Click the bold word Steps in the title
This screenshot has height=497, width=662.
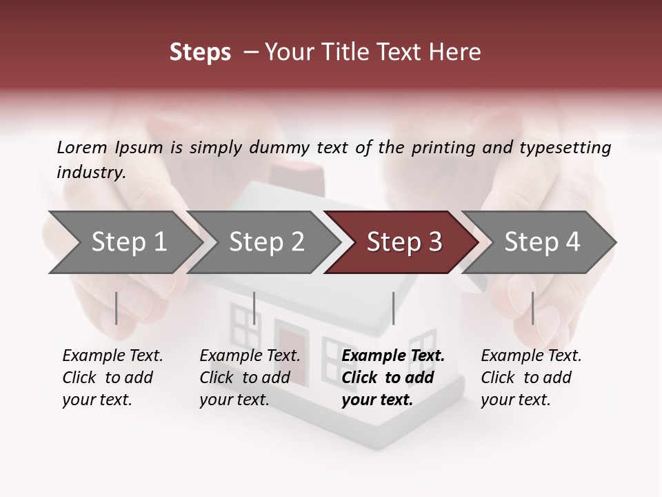click(200, 52)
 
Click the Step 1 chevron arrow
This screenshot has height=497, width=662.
click(129, 242)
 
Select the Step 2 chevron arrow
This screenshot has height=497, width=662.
click(266, 242)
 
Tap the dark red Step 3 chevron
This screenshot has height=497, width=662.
click(403, 242)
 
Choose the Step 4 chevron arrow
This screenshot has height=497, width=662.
click(541, 242)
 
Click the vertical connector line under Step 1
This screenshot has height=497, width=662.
click(116, 308)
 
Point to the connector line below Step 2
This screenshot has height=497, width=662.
click(254, 308)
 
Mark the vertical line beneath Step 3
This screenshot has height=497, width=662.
click(393, 308)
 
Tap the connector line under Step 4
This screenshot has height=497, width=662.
click(532, 308)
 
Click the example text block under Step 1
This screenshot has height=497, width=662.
click(112, 378)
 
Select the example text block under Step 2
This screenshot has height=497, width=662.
click(250, 378)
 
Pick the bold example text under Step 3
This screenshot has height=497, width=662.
click(393, 378)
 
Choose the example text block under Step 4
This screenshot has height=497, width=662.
click(531, 378)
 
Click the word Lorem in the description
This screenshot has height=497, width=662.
click(82, 147)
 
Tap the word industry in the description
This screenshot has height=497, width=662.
click(91, 172)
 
